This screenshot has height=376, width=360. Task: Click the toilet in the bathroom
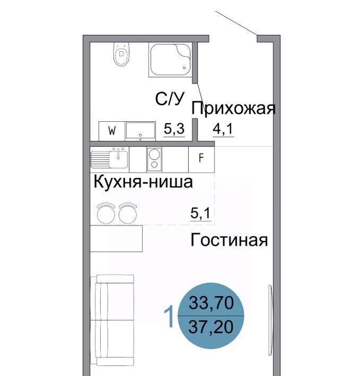click(x=121, y=54)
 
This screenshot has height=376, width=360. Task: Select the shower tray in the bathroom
click(x=170, y=60)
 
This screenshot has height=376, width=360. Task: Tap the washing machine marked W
click(x=112, y=131)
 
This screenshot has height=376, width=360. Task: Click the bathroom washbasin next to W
click(x=141, y=131)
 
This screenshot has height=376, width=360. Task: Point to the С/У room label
click(x=170, y=99)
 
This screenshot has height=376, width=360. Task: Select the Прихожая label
click(x=233, y=109)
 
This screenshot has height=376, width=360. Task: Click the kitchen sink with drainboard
click(x=109, y=158)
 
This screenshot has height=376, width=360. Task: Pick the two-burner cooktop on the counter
click(x=154, y=159)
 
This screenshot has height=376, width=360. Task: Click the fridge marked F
click(x=201, y=159)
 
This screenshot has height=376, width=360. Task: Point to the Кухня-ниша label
click(x=143, y=182)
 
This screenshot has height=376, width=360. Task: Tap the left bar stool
click(x=106, y=213)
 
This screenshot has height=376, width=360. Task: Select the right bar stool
click(x=128, y=213)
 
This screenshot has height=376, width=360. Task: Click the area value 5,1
click(x=200, y=213)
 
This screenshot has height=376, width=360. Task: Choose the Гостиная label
click(x=229, y=240)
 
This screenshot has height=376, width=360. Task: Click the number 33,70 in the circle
click(x=211, y=302)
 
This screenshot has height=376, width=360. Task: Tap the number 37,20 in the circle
click(x=210, y=327)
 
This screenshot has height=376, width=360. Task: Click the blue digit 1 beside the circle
click(x=169, y=316)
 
